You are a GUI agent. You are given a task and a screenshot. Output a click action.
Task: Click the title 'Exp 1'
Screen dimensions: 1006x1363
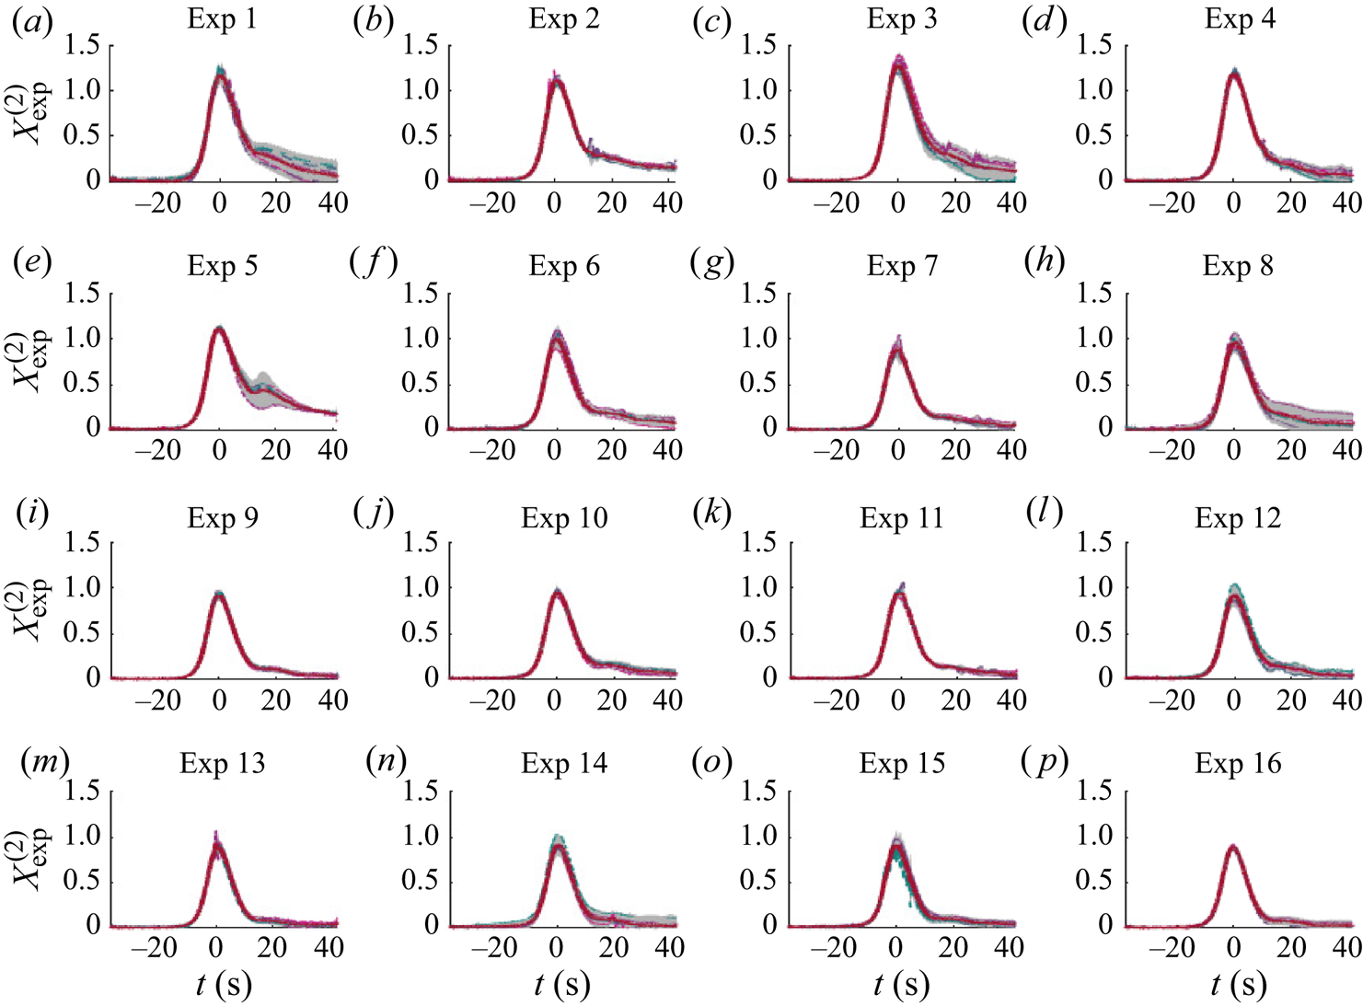[222, 19]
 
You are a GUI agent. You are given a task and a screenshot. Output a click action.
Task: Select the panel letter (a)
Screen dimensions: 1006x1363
[32, 21]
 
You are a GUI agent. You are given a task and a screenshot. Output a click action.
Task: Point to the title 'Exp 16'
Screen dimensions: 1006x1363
[1238, 764]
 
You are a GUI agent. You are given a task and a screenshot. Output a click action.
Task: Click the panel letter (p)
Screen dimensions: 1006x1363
[1046, 763]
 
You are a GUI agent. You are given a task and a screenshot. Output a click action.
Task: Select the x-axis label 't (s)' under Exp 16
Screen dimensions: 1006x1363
[1238, 985]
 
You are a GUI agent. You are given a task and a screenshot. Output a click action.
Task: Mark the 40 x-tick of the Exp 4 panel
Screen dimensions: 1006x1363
[1346, 202]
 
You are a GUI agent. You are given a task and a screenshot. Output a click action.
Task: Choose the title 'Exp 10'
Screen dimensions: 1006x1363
[564, 518]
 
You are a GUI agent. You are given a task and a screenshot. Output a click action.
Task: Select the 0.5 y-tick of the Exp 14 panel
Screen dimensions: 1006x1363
[420, 881]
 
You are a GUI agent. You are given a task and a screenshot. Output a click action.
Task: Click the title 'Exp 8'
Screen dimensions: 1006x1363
[1238, 267]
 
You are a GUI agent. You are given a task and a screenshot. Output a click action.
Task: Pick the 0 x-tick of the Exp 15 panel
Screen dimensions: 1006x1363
[896, 947]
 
